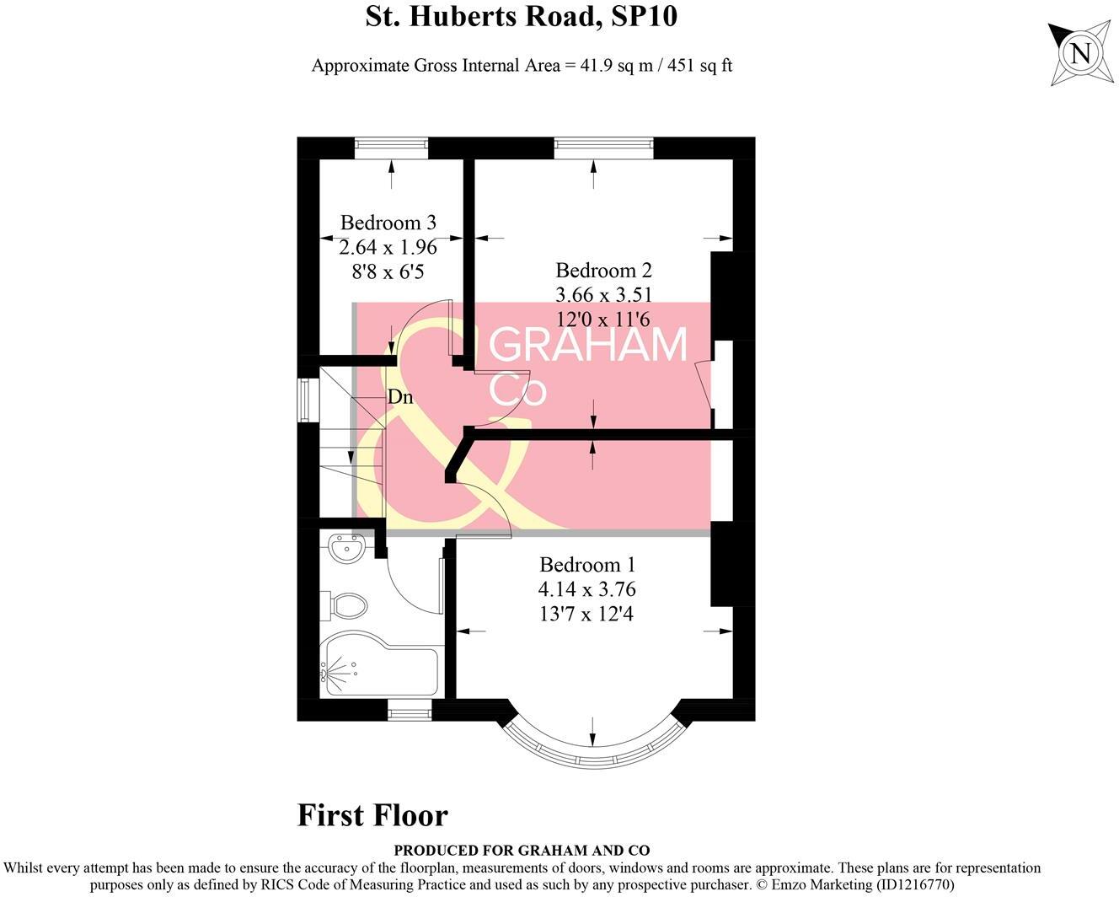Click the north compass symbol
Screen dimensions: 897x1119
coord(1079,54)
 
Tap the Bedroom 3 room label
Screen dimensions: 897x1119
coord(388,223)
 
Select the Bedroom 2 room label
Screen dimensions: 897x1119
coord(603,271)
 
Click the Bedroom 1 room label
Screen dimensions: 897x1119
coord(587,565)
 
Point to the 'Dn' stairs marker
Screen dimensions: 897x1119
coord(400,396)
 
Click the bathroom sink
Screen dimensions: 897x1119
coord(346,550)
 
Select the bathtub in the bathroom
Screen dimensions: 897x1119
coord(379,670)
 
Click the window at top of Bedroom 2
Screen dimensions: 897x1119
coord(603,148)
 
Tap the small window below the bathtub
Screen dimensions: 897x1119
coord(409,713)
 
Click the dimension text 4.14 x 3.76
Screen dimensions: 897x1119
coord(587,589)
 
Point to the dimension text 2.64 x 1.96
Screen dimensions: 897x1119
coord(388,247)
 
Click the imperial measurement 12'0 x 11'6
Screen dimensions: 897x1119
coord(603,319)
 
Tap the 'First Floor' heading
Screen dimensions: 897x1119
coord(372,815)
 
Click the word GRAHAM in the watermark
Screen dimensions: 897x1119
coord(588,345)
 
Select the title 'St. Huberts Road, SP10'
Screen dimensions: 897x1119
coord(521,17)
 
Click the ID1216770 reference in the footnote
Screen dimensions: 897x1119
coord(914,885)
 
